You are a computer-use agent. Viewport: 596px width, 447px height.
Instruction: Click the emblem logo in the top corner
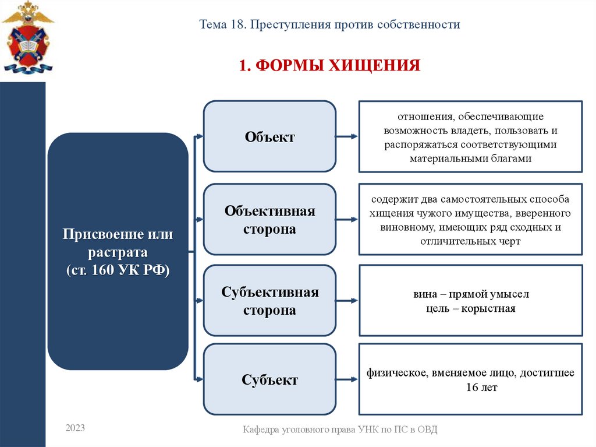coord(27,38)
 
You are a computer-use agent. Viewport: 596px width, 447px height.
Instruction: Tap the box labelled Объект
coord(269,137)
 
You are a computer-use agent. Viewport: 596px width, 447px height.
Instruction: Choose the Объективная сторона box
coord(269,220)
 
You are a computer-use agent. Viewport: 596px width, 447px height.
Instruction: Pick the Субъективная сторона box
coord(269,301)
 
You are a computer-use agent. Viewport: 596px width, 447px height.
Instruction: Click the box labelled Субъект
coord(269,380)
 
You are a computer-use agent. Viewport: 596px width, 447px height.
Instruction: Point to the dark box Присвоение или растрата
coord(118,251)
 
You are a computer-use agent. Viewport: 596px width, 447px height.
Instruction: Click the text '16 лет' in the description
coord(481,387)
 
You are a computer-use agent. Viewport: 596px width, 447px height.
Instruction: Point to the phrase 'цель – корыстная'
coord(470,308)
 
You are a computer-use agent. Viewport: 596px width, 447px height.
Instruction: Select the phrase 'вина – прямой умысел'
coord(470,294)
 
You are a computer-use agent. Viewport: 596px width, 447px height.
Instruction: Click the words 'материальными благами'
coord(470,158)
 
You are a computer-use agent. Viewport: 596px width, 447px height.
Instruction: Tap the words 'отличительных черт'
coord(470,241)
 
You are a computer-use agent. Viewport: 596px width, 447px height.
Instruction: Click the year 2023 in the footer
coord(75,428)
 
